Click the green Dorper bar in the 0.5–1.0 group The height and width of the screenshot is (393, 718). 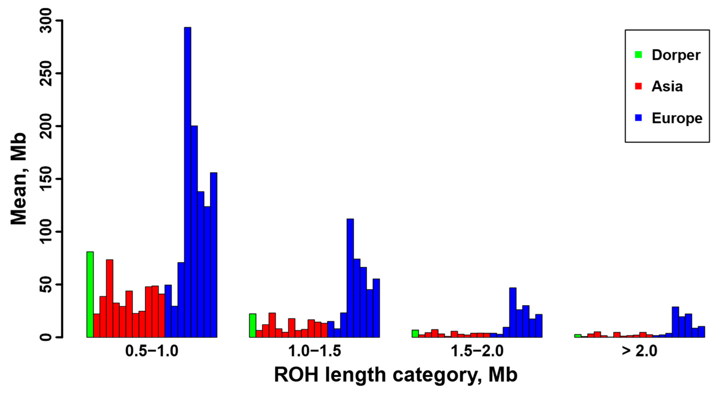(90, 294)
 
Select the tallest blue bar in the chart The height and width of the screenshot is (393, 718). (188, 182)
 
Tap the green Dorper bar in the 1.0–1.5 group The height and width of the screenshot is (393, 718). (253, 325)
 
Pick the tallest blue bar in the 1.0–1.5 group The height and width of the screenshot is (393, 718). (350, 278)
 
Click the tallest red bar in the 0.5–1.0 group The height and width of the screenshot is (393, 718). (110, 298)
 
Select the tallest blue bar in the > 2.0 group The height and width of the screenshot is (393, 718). (675, 322)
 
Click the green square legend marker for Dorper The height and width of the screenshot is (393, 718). (638, 55)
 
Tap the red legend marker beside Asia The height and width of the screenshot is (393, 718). (638, 86)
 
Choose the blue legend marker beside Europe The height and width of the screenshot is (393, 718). (638, 118)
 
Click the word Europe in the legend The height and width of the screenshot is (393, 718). (677, 118)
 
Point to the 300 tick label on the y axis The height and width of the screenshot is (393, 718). (47, 21)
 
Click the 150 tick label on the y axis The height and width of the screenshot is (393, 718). (47, 179)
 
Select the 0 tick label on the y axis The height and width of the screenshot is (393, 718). (47, 337)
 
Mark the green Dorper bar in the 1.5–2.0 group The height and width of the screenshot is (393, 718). (415, 334)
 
